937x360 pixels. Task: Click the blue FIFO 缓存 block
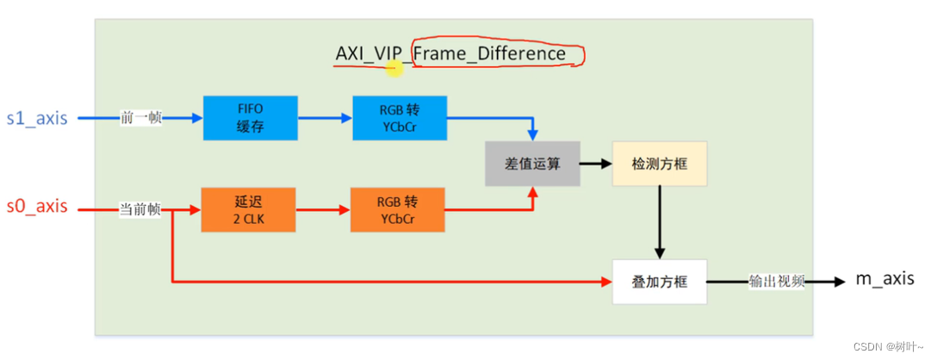pyautogui.click(x=250, y=118)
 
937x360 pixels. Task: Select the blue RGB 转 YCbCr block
pyautogui.click(x=400, y=118)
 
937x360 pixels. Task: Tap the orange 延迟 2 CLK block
pyautogui.click(x=247, y=209)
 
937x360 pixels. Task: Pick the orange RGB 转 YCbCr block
pyautogui.click(x=397, y=209)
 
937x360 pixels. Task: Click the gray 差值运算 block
pyautogui.click(x=532, y=163)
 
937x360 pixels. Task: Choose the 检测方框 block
pyautogui.click(x=659, y=163)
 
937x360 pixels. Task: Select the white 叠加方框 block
pyautogui.click(x=659, y=282)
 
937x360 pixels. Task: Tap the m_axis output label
pyautogui.click(x=884, y=280)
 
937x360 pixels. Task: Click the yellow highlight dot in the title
pyautogui.click(x=394, y=67)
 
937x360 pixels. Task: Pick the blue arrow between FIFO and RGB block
pyautogui.click(x=324, y=118)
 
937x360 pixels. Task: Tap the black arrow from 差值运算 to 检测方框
pyautogui.click(x=594, y=163)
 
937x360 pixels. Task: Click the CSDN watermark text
pyautogui.click(x=887, y=346)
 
